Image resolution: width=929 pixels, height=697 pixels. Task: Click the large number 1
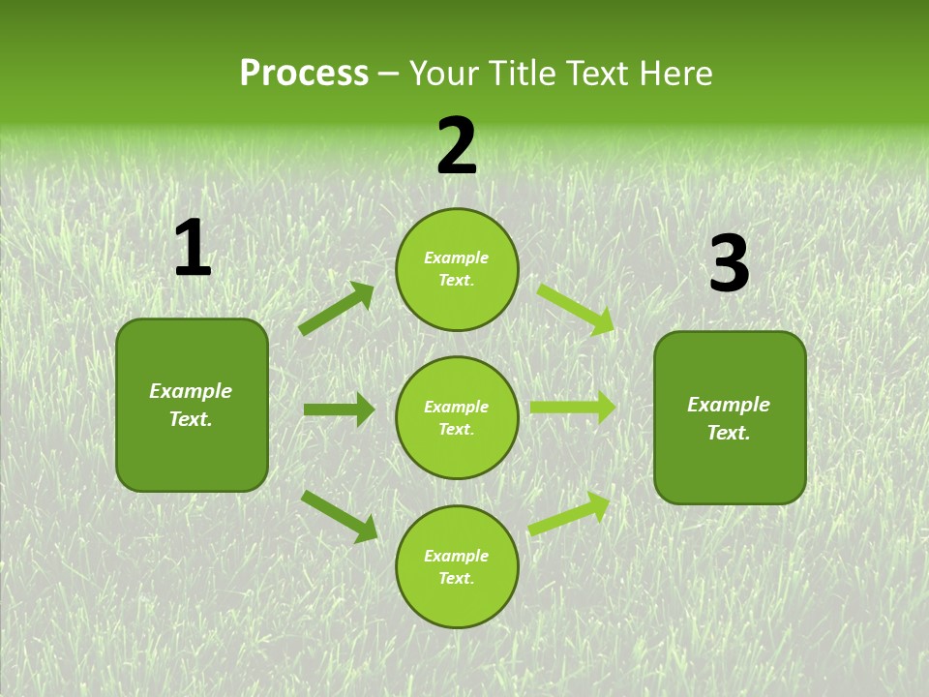(x=193, y=249)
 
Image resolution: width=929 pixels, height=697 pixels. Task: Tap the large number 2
(x=457, y=146)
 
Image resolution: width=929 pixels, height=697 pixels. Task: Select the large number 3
(x=729, y=263)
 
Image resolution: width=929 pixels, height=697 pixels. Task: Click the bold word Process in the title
(x=304, y=74)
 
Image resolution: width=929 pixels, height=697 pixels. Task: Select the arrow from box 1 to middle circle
(x=340, y=409)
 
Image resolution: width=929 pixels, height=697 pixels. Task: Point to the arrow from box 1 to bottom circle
(x=340, y=515)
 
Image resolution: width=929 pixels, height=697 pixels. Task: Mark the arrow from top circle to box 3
(x=575, y=309)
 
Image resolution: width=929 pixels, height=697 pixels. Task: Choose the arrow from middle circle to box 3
(x=573, y=408)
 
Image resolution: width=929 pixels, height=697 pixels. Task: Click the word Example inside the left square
(x=191, y=391)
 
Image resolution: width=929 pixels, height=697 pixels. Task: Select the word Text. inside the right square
(x=729, y=433)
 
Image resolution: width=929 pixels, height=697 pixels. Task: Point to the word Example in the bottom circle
(x=457, y=556)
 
